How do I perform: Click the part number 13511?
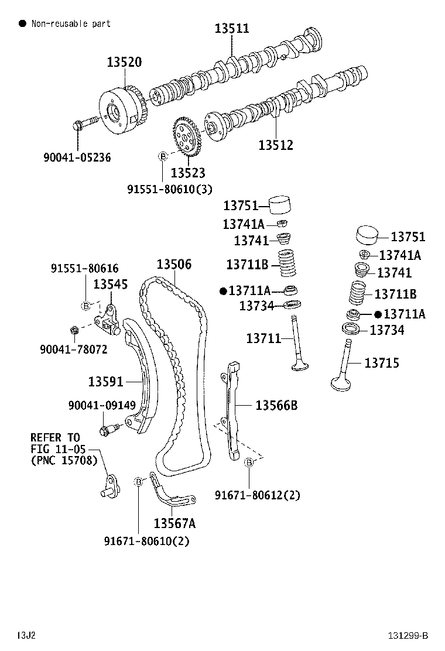231,28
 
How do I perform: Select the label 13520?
124,62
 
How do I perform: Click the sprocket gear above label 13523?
187,138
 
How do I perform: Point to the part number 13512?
276,145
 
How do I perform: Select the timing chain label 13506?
173,264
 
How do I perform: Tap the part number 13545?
110,284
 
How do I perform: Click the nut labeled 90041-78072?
74,330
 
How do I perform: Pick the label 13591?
106,382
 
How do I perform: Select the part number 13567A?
174,522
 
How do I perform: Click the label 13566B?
276,405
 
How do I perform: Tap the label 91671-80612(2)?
257,495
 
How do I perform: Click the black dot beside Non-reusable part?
22,23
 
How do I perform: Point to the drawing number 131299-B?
407,635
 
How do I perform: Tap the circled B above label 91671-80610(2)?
139,481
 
